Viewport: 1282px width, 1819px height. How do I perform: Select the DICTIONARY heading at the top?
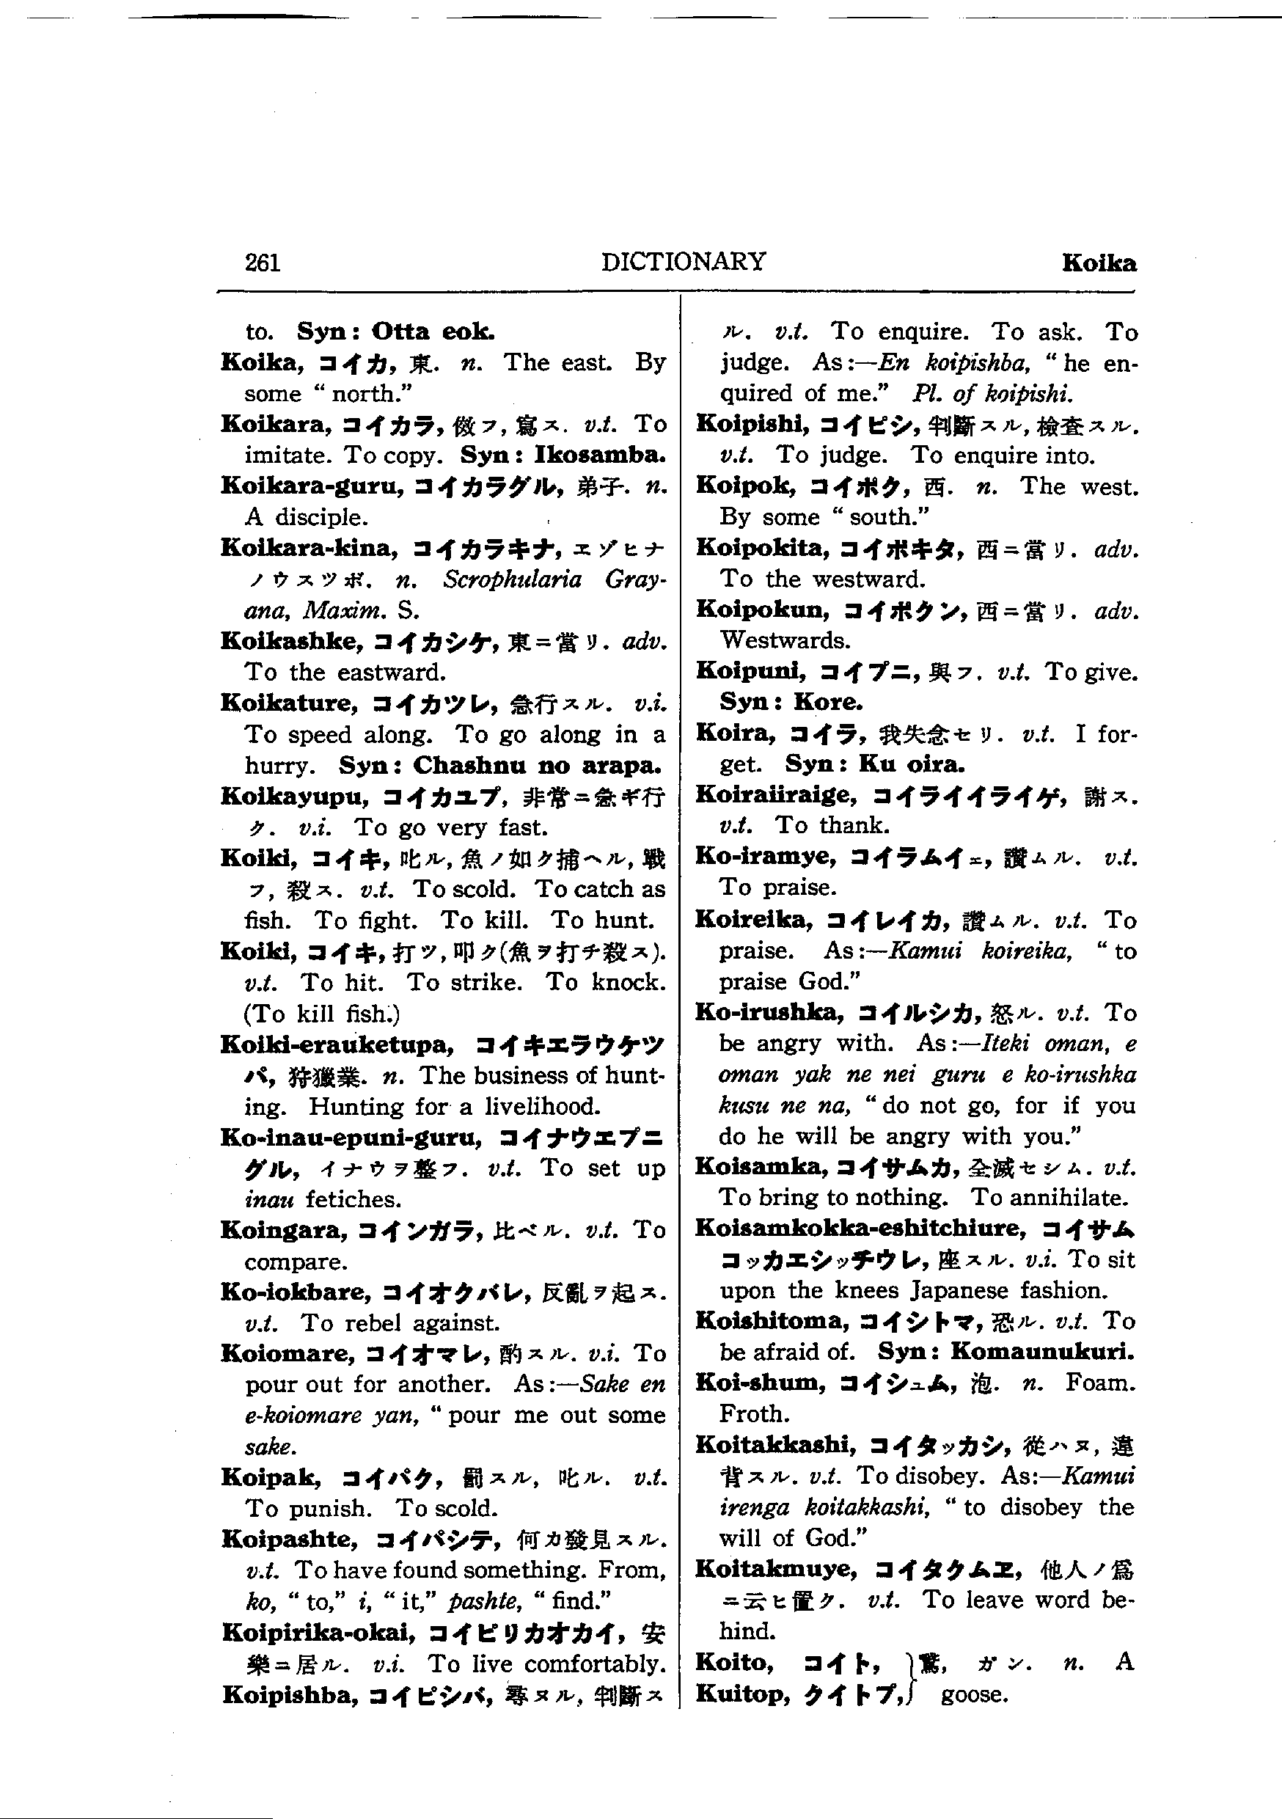[683, 261]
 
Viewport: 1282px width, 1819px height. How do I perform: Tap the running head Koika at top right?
[1098, 263]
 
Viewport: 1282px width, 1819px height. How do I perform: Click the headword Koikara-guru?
[313, 486]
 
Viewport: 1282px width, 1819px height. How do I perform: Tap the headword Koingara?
[285, 1229]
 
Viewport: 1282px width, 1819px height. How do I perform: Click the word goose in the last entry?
[974, 1694]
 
